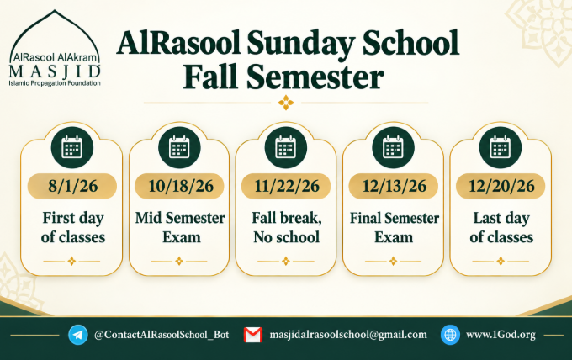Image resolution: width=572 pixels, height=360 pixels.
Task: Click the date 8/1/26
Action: click(72, 186)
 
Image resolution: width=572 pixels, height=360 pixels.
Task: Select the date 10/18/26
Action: click(181, 186)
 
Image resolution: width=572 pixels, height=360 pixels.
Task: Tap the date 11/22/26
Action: click(287, 186)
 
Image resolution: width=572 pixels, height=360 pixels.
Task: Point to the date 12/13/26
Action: click(394, 186)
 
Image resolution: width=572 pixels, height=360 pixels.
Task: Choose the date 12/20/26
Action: click(501, 186)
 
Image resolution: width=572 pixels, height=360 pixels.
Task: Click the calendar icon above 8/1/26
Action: click(72, 147)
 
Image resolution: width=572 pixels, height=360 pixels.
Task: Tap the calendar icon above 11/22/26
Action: click(286, 147)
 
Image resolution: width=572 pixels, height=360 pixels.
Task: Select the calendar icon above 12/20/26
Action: click(500, 147)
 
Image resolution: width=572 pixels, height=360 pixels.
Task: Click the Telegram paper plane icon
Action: click(78, 335)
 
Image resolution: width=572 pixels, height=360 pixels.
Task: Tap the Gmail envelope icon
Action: click(253, 335)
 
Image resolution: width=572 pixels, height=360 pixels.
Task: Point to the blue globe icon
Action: click(450, 335)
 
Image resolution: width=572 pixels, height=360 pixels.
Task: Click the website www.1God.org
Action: click(500, 335)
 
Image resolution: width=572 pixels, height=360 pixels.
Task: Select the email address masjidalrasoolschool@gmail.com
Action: click(348, 335)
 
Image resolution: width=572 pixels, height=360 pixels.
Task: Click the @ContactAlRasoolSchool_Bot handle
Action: click(162, 335)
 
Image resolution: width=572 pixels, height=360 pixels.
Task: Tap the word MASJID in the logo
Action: click(55, 71)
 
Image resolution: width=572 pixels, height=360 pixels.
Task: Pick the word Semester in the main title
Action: click(315, 77)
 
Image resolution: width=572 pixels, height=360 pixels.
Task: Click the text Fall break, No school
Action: click(287, 228)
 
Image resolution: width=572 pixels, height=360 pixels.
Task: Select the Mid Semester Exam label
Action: click(180, 228)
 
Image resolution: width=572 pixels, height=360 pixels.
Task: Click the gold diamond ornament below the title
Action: click(286, 103)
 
